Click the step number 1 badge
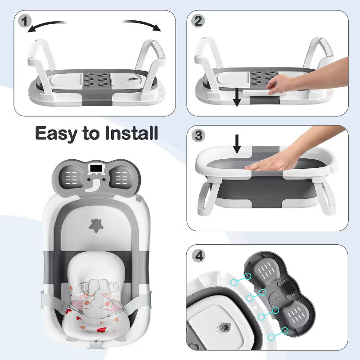(x=25, y=21)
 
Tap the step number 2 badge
(x=198, y=21)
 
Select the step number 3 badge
(x=198, y=135)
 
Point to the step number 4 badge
(x=199, y=256)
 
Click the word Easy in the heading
(x=56, y=134)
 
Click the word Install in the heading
(x=131, y=133)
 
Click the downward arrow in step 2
(x=237, y=99)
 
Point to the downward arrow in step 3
(x=237, y=144)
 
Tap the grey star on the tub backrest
(x=96, y=226)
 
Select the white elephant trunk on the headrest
(x=94, y=186)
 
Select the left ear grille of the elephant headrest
(x=71, y=177)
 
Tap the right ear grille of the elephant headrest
(x=121, y=177)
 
